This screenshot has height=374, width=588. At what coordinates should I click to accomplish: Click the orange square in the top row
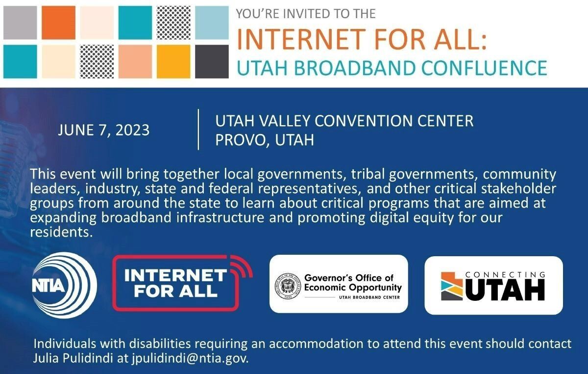click(x=58, y=23)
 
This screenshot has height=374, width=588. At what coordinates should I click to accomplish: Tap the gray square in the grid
click(x=20, y=23)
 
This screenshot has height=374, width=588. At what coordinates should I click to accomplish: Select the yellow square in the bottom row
click(x=173, y=61)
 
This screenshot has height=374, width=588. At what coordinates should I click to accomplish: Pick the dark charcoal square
click(x=212, y=61)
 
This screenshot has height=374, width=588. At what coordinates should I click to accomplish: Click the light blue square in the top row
click(x=212, y=23)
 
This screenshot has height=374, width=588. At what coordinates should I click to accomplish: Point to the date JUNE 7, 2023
click(x=104, y=130)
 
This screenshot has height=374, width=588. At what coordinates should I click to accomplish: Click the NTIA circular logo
click(x=64, y=285)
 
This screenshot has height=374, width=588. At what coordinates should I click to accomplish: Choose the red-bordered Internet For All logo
click(x=182, y=283)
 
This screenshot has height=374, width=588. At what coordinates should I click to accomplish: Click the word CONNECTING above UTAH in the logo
click(x=505, y=275)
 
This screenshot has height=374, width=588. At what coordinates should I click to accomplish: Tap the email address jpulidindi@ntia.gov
click(x=190, y=358)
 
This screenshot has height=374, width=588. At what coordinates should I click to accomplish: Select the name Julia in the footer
click(x=46, y=358)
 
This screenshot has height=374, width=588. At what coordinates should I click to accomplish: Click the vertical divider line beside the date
click(x=198, y=130)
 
